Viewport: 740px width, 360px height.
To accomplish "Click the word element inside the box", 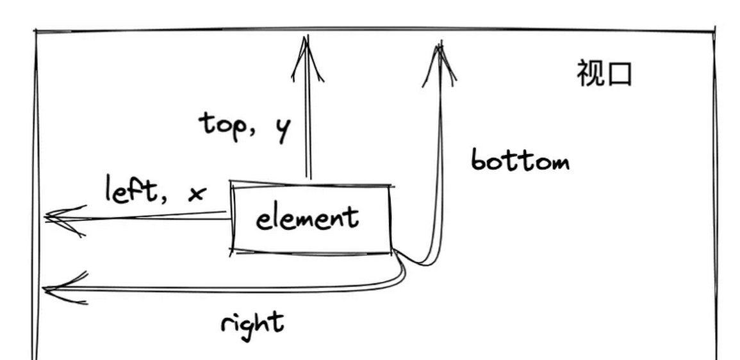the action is pyautogui.click(x=307, y=218).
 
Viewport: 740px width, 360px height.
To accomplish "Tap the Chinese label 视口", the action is pyautogui.click(x=604, y=74).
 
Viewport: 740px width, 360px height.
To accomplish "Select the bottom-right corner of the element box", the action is pyautogui.click(x=391, y=252).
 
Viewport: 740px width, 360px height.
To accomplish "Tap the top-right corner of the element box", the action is pyautogui.click(x=391, y=186).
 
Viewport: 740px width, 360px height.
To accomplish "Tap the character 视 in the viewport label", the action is pyautogui.click(x=589, y=74).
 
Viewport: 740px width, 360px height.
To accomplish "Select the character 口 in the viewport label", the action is pyautogui.click(x=620, y=74).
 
